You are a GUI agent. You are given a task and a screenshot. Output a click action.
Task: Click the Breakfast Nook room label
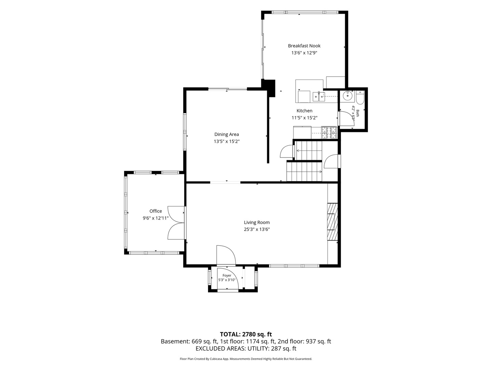point(304,46)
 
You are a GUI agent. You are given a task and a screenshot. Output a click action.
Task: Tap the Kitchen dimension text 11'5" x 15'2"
point(304,118)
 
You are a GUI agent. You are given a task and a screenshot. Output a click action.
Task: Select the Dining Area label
point(227,134)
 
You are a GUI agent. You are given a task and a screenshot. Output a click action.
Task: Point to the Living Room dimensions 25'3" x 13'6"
point(257,229)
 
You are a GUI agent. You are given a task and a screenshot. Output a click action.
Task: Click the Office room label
point(155,211)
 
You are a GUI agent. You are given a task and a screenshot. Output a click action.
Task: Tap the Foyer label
point(227,276)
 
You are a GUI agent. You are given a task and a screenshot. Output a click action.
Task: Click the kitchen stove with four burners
point(329,133)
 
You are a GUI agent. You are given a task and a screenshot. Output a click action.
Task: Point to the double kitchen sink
point(319,97)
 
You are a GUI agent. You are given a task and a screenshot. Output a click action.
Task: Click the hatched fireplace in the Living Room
point(332,222)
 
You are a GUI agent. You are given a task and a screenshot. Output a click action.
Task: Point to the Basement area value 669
point(196,341)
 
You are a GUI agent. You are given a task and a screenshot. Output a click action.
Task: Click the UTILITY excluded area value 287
point(276,348)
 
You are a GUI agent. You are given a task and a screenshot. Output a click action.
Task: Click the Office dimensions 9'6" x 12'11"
point(155,218)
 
